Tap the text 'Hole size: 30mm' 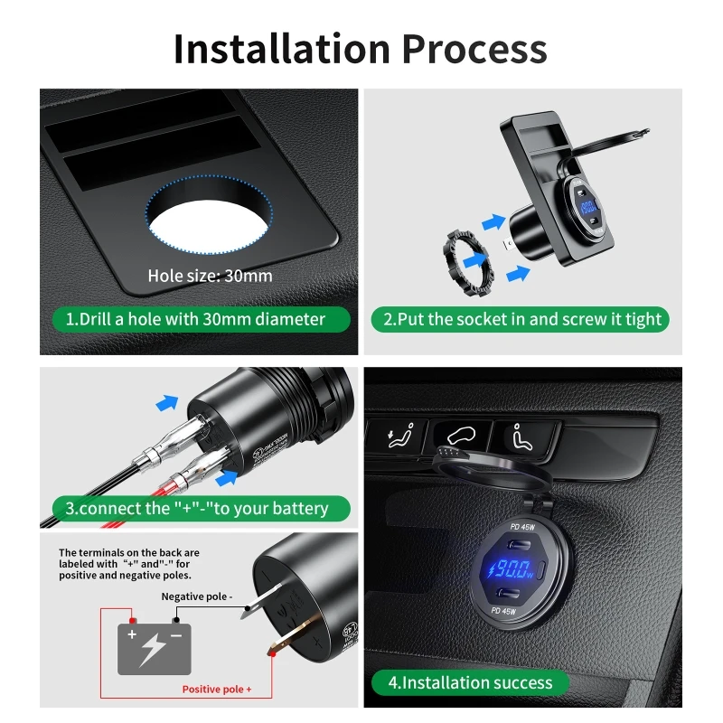(210, 276)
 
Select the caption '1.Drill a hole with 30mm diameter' (195, 319)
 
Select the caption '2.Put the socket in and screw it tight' (521, 319)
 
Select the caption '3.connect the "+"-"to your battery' (196, 508)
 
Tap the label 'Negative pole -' (197, 596)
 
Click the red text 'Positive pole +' (217, 690)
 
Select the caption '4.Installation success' (469, 682)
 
